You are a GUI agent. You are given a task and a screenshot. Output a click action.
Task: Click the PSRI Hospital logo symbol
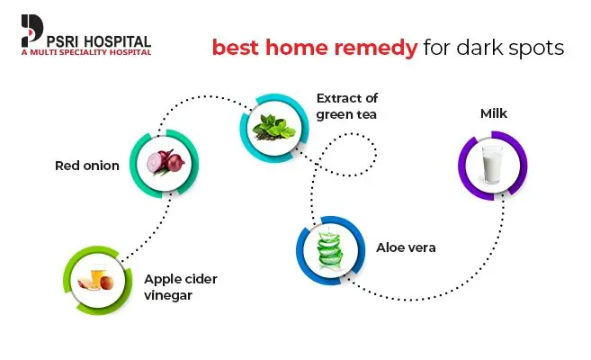[x=32, y=30]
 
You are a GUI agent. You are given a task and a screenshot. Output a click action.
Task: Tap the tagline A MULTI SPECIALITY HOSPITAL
[x=86, y=52]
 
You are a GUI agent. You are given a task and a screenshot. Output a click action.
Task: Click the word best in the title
[x=236, y=47]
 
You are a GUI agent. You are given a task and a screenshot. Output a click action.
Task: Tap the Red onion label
[x=87, y=166]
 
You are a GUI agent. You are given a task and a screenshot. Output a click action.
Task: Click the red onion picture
[x=166, y=163]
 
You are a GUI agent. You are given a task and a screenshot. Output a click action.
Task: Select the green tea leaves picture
[x=274, y=128]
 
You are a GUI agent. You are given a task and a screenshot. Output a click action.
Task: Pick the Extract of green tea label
[x=346, y=106]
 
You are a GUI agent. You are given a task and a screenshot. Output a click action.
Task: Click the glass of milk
[x=492, y=165]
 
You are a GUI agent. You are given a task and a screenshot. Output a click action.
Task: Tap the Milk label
[x=493, y=113]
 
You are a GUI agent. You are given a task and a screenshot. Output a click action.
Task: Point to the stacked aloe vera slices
[x=330, y=248]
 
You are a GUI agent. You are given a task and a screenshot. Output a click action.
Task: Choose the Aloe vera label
[x=406, y=247]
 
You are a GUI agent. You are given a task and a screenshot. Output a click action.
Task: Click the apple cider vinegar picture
[x=96, y=279]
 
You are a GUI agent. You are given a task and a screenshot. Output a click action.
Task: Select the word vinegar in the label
[x=168, y=295]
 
